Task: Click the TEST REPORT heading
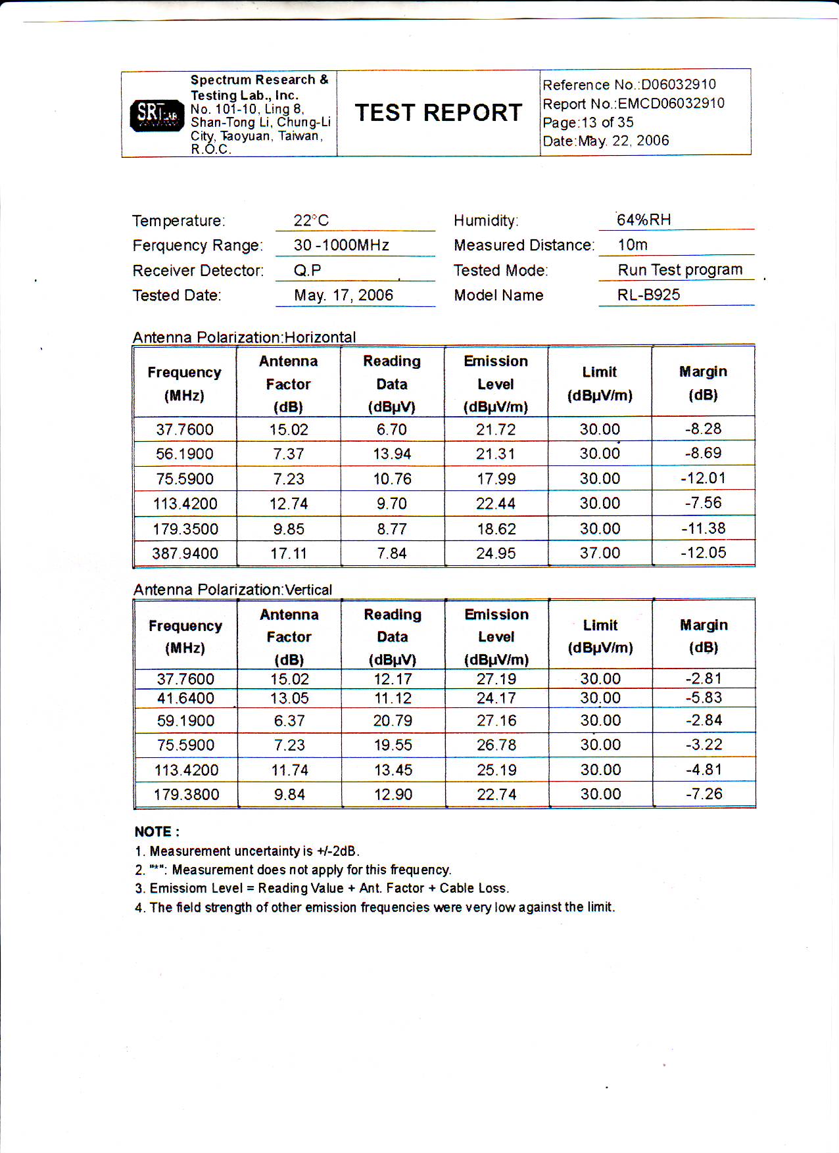coord(439,112)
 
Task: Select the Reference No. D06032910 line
coord(629,85)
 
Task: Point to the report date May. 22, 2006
coord(606,141)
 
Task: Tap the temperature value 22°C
coord(311,220)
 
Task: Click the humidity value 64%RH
coord(644,220)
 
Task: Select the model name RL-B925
coord(648,294)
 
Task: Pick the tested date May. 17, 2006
coord(343,295)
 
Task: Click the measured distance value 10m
coord(633,245)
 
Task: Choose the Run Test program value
coord(680,270)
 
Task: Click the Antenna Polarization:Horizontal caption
coord(244,337)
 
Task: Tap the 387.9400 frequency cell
coord(185,553)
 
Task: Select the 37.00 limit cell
coord(600,553)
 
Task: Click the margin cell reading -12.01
coord(703,478)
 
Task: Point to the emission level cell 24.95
coord(496,553)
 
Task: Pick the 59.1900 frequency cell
coord(185,720)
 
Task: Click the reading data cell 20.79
coord(393,720)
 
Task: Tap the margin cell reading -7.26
coord(704,794)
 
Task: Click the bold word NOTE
coord(153,832)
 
